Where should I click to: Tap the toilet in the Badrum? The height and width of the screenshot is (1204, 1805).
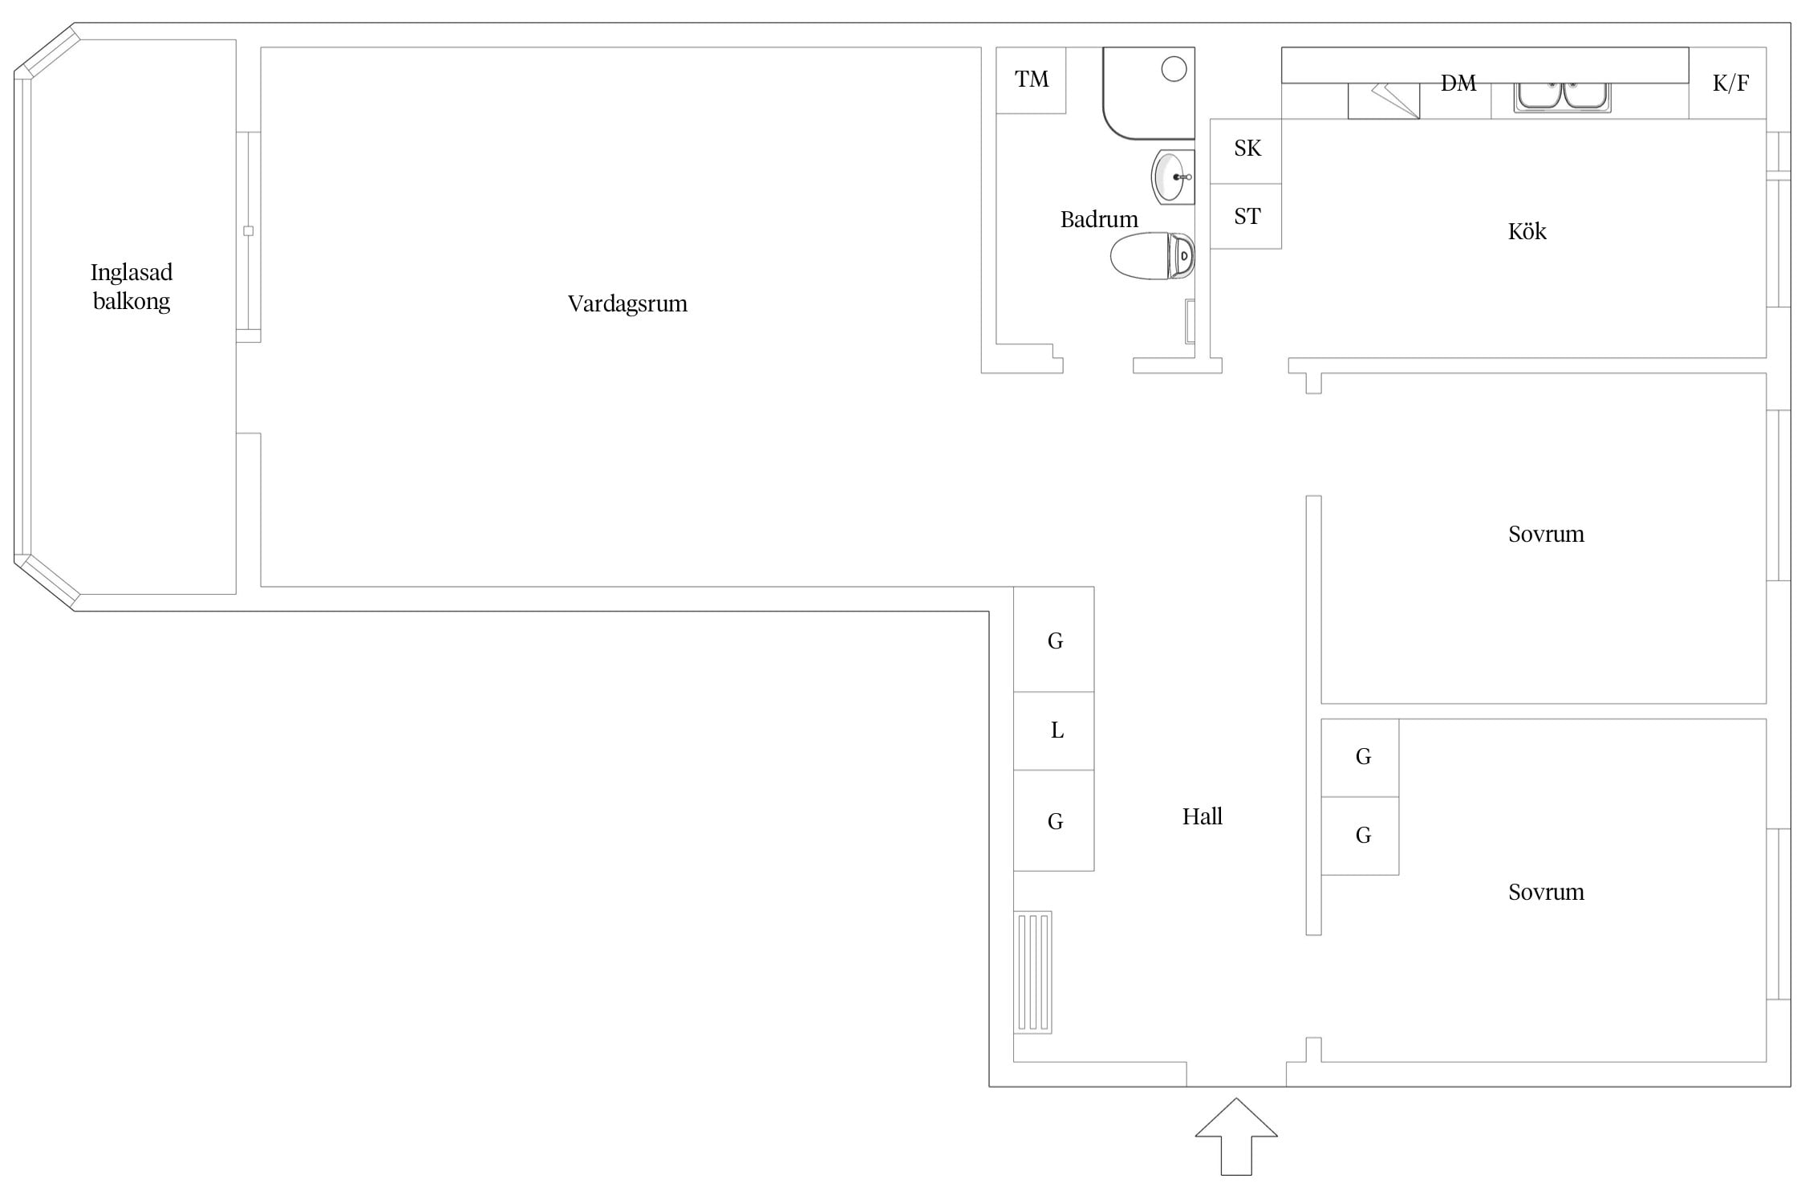click(x=1152, y=256)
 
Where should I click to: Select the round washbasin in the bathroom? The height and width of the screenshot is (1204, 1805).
click(x=1172, y=177)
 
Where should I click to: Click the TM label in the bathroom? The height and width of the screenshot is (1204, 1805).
click(x=1032, y=79)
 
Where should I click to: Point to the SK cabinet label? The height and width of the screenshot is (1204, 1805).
click(x=1247, y=148)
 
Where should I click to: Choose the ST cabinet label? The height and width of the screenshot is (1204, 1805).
click(x=1247, y=216)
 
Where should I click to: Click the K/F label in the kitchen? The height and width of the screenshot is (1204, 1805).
click(x=1730, y=83)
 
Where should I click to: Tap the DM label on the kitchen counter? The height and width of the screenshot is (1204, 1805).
click(x=1458, y=83)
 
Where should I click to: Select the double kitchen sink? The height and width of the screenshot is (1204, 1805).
click(x=1562, y=96)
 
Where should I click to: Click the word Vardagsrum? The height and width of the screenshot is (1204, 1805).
click(x=627, y=303)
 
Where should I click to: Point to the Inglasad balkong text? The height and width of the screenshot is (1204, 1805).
click(x=132, y=287)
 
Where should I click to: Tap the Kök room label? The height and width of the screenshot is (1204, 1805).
click(x=1527, y=231)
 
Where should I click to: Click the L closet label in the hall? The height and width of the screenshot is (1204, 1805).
click(x=1057, y=730)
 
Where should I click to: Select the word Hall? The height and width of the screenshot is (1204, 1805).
click(x=1202, y=816)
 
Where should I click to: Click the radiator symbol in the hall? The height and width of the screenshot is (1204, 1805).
click(x=1033, y=972)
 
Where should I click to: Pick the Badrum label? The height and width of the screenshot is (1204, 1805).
click(x=1099, y=219)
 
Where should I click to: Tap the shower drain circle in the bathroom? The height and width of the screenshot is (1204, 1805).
click(x=1174, y=69)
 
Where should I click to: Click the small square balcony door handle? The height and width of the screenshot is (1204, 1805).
click(x=248, y=231)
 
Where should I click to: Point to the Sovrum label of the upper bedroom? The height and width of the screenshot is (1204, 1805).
click(x=1546, y=534)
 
